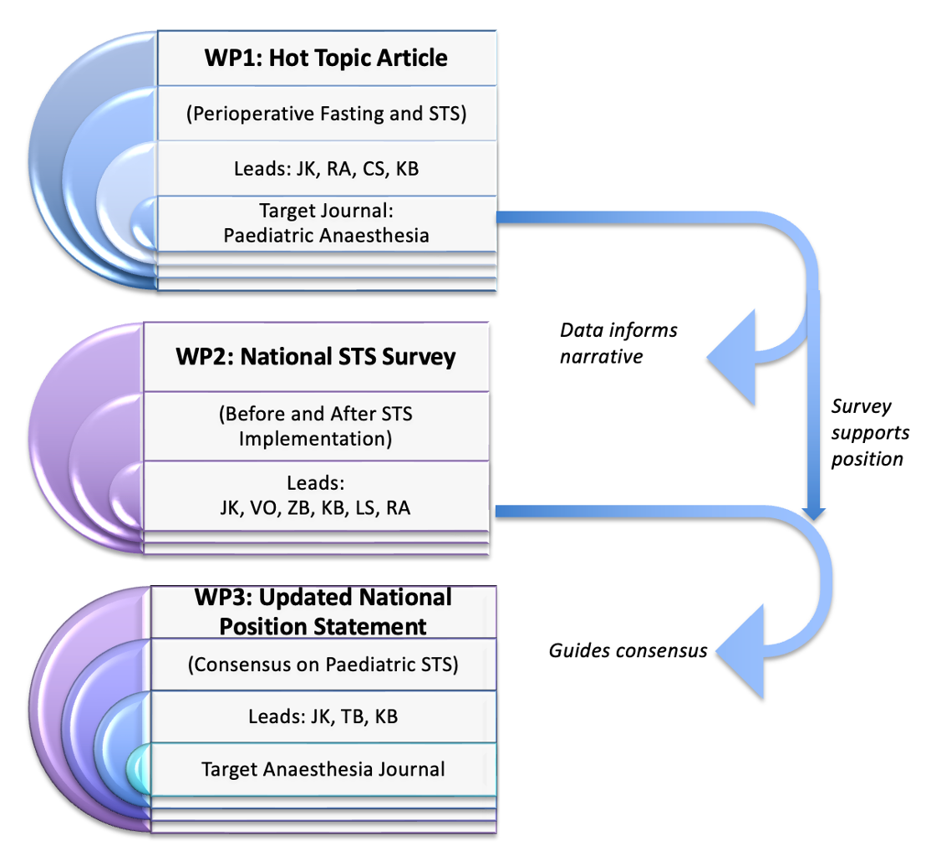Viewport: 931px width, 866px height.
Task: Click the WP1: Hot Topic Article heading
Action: tap(326, 58)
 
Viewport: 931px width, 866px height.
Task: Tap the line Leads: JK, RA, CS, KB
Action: tap(326, 169)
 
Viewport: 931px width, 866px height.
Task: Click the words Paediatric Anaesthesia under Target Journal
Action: tap(326, 235)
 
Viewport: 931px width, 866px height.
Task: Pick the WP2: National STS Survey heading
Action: tap(316, 357)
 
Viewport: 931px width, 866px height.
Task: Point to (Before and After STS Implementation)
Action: tap(316, 425)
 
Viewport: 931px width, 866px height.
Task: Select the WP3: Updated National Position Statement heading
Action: tap(323, 612)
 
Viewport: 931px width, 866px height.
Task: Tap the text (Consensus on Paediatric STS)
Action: tap(323, 665)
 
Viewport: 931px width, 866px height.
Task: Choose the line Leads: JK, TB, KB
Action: tap(323, 716)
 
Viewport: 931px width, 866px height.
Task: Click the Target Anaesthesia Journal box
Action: tap(323, 768)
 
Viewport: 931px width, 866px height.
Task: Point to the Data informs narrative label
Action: tap(618, 343)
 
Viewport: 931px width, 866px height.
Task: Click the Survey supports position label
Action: tap(867, 432)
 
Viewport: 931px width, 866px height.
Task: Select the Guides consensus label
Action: tap(628, 649)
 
